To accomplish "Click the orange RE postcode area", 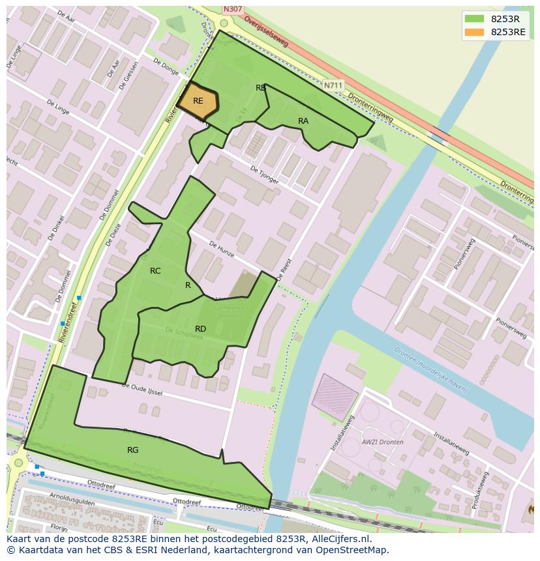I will [198, 102].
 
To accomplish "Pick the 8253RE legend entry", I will [508, 32].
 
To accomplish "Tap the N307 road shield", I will [232, 9].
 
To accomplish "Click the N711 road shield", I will [333, 85].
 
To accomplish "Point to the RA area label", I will [303, 121].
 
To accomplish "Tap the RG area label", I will [133, 450].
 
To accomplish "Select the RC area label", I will [155, 271].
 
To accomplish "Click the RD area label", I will [201, 329].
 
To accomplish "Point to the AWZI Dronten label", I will [382, 442].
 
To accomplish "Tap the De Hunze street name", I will [221, 249].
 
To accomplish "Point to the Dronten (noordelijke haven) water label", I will [430, 369].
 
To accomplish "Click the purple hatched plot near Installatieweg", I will [335, 397].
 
